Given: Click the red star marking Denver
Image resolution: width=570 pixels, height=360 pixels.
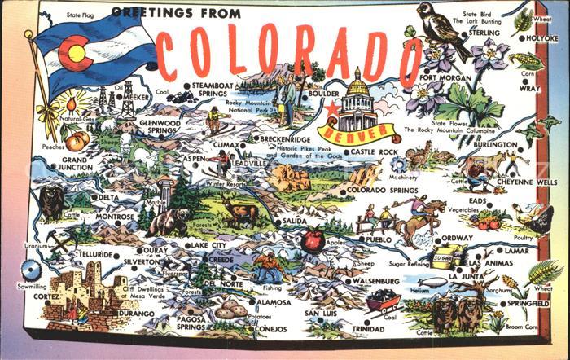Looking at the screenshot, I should [331, 109].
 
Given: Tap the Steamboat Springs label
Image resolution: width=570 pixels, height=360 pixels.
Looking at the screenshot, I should [214, 89].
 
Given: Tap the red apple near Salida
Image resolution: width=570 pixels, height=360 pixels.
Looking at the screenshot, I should [313, 239].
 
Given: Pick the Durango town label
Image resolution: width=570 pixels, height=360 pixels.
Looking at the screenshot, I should [135, 312].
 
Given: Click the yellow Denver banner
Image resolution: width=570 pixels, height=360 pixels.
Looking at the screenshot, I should [358, 131].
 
